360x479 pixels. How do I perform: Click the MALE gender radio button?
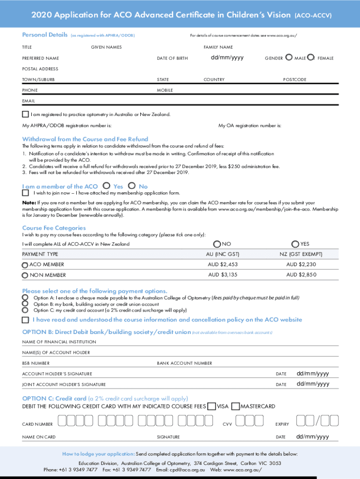[x=289, y=58]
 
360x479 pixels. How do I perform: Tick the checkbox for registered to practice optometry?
[x=25, y=114]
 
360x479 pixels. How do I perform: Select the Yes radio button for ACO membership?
[x=107, y=186]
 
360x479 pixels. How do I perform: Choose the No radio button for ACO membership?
[x=132, y=186]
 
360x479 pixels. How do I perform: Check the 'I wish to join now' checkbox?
[x=25, y=193]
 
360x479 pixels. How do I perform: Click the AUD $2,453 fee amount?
[x=223, y=264]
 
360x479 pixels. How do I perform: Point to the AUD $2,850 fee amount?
[x=301, y=275]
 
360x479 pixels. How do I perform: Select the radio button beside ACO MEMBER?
[x=25, y=265]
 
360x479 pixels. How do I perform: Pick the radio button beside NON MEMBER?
[x=25, y=275]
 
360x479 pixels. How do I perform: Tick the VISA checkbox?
[x=211, y=406]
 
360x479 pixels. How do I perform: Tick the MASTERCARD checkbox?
[x=236, y=406]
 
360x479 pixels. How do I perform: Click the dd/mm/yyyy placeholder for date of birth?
[x=227, y=58]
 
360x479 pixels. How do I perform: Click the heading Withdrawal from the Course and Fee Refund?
[x=85, y=139]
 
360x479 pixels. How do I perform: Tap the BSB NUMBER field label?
[x=36, y=363]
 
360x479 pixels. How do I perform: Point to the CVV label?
[x=227, y=424]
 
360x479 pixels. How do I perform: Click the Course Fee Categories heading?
[x=54, y=228]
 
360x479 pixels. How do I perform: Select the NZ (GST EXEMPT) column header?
[x=301, y=254]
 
